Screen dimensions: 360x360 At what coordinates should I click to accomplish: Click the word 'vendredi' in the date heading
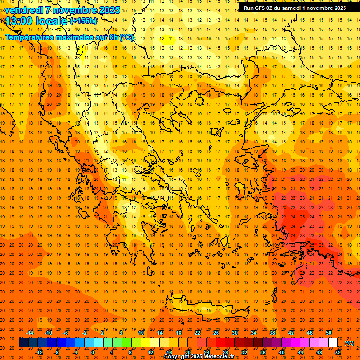[x=24, y=10]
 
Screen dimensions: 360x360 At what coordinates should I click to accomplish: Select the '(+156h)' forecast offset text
[x=83, y=21]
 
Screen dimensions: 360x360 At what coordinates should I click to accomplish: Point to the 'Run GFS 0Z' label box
[x=295, y=8]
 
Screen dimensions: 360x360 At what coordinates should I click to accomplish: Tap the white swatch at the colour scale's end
[x=333, y=343]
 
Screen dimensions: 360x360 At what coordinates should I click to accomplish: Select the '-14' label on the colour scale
[x=30, y=333]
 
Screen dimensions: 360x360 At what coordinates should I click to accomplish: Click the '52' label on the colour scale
[x=337, y=352]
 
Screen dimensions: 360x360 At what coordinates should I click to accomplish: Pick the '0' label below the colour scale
[x=93, y=352]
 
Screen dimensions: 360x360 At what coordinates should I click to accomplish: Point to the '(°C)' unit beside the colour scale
[x=349, y=343]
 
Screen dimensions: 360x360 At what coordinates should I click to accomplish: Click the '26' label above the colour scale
[x=216, y=333]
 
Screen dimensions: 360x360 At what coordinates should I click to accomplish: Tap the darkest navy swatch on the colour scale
[x=23, y=343]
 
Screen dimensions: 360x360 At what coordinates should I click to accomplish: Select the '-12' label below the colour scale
[x=39, y=352]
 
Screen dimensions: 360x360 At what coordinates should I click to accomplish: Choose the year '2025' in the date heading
[x=109, y=10]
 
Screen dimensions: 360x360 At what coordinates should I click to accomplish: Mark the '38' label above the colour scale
[x=272, y=333]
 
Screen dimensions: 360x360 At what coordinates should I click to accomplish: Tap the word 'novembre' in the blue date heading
[x=75, y=10]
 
